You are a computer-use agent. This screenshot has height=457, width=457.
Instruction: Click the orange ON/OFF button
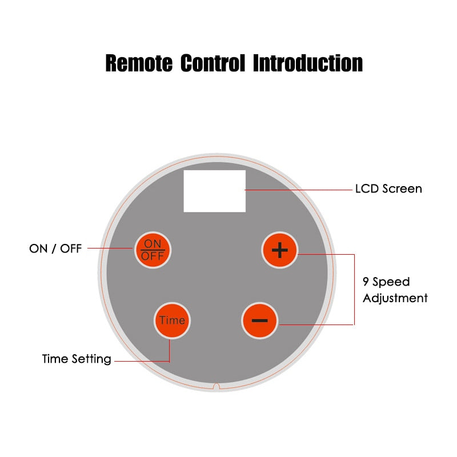(x=153, y=250)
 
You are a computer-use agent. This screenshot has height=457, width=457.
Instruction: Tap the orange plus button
(x=280, y=250)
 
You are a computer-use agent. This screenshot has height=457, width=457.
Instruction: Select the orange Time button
(x=172, y=320)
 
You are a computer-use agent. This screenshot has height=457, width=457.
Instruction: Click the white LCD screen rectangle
(x=214, y=191)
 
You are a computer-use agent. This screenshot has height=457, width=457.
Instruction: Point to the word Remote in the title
(x=139, y=63)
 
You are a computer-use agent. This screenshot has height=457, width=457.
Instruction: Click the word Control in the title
(x=213, y=63)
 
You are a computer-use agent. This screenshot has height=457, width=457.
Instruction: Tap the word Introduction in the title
(x=308, y=63)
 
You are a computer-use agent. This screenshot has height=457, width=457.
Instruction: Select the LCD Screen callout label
(x=388, y=189)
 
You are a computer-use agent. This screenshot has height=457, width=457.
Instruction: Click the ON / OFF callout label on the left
(x=55, y=248)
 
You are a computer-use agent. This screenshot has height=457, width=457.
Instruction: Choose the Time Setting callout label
(x=77, y=359)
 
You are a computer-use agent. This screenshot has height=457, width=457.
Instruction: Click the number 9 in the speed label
(x=366, y=282)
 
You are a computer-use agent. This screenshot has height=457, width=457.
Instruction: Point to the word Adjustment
(x=395, y=298)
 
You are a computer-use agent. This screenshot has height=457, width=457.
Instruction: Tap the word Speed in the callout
(x=392, y=282)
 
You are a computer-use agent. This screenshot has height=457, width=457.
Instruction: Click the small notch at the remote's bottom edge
(x=216, y=387)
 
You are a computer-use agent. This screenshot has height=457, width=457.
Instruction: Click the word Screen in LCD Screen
(x=402, y=189)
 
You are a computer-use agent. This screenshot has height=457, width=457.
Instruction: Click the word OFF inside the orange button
(x=153, y=256)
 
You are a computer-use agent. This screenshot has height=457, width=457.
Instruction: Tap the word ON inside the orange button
(x=153, y=244)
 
